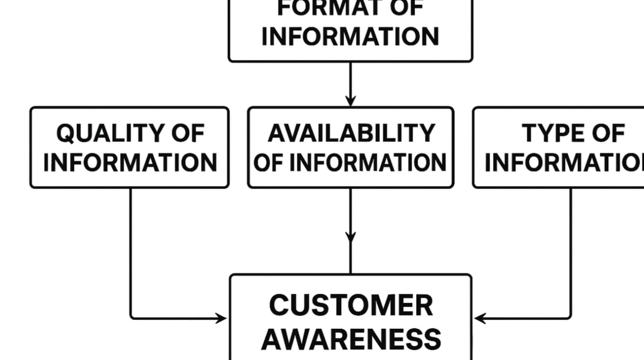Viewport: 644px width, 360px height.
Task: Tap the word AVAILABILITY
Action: click(351, 134)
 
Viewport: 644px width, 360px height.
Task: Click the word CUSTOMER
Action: click(351, 305)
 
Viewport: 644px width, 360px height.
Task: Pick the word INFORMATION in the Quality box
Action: click(130, 163)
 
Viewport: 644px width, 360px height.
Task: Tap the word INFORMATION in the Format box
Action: click(350, 37)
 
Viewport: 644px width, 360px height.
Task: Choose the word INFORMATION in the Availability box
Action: click(368, 163)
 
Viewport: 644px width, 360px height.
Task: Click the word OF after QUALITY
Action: click(188, 134)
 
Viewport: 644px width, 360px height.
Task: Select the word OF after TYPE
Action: click(607, 134)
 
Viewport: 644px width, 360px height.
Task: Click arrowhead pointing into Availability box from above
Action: click(350, 101)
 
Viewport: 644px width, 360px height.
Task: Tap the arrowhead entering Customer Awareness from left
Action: click(221, 318)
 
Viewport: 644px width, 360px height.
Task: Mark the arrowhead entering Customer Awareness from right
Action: click(479, 318)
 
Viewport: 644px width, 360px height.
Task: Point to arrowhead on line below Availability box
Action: click(350, 236)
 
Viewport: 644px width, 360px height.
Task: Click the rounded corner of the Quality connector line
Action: click(132, 317)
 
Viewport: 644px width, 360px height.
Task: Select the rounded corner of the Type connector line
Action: click(569, 317)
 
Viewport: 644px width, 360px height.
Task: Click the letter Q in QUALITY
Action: click(65, 134)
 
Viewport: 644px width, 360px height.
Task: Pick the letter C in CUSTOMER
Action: click(279, 305)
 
